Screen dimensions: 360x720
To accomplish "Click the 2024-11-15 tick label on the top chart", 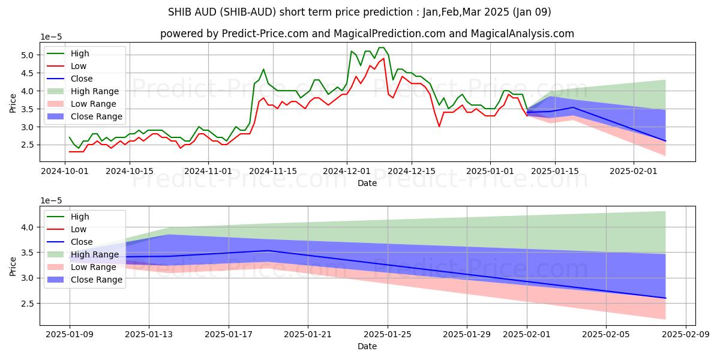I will [273, 170].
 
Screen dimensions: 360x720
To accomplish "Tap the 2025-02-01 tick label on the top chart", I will [634, 170].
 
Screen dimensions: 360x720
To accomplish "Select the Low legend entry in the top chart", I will [79, 66].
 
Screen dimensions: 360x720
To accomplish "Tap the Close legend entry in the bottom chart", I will [82, 242].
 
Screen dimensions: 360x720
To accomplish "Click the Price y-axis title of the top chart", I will [13, 103].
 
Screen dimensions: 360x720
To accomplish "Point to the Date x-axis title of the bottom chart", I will [367, 346].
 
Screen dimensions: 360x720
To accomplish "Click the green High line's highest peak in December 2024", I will [381, 47].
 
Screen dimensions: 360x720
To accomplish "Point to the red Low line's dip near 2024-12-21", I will [439, 126].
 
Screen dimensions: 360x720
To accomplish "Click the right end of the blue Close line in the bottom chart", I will [665, 298].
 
